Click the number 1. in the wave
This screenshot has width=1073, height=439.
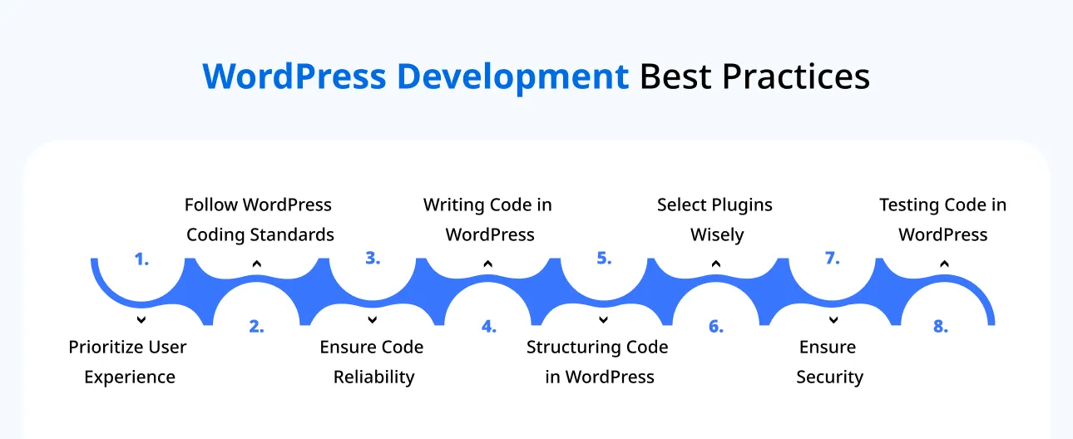[141, 259]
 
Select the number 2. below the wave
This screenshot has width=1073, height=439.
[256, 327]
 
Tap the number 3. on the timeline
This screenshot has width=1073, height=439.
[373, 259]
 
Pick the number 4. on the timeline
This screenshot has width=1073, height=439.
[488, 327]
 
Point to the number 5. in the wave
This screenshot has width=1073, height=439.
[604, 259]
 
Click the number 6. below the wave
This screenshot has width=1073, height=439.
[716, 327]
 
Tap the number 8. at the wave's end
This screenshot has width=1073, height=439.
[940, 327]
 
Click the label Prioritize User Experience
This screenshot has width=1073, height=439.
[128, 362]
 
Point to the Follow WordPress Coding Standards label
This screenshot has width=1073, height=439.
[259, 219]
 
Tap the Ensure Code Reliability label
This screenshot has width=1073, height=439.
[373, 362]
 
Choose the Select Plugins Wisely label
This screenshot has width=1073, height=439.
[715, 219]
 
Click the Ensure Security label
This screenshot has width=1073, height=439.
[829, 362]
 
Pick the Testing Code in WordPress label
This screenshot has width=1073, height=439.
[943, 219]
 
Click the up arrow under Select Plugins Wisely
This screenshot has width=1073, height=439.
[716, 264]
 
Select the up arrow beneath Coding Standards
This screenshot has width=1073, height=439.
[257, 264]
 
